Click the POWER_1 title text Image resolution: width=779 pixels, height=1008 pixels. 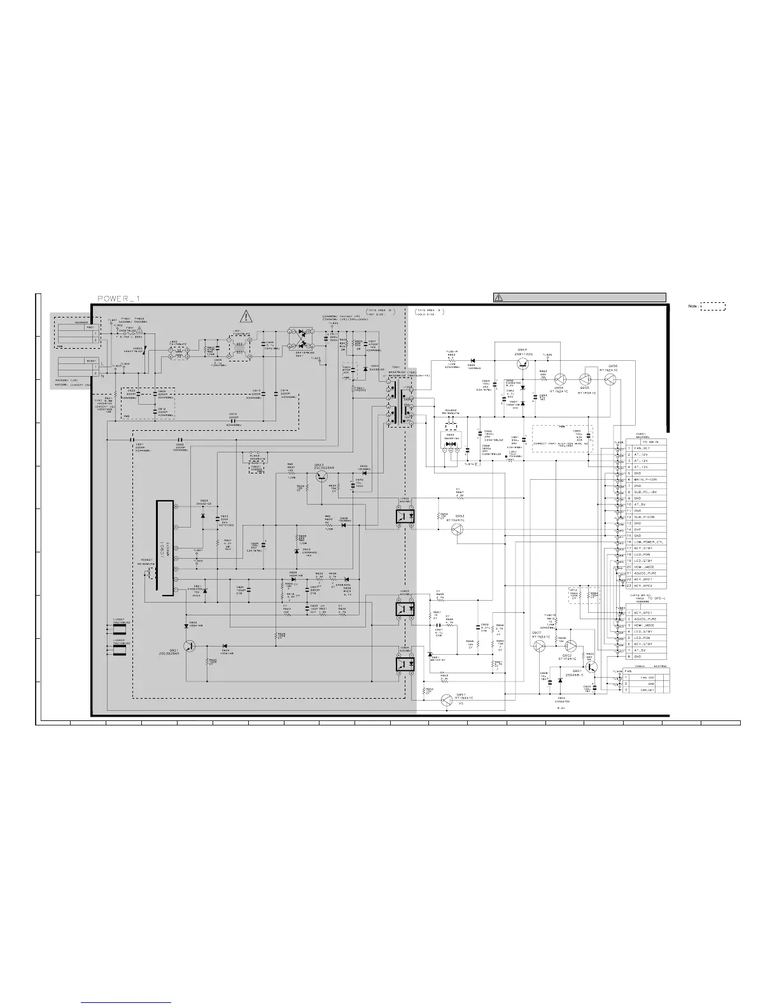tap(118, 298)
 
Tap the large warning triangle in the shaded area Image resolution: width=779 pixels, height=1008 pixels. tap(246, 314)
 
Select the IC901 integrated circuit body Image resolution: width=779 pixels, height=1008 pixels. tap(165, 549)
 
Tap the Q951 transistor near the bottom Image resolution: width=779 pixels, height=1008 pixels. tap(447, 699)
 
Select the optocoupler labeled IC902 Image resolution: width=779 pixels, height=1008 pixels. tap(405, 516)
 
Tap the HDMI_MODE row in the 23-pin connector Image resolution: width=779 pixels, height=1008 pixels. tap(643, 566)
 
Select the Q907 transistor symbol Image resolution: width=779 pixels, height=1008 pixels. tap(539, 646)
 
